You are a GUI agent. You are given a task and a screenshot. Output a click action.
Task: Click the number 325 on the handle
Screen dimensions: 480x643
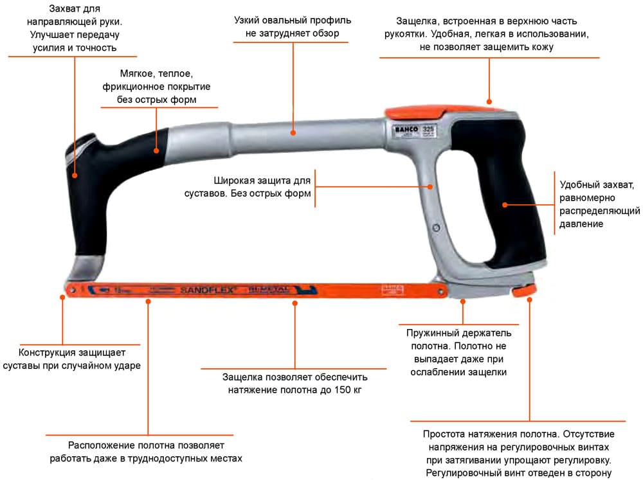tap(428, 129)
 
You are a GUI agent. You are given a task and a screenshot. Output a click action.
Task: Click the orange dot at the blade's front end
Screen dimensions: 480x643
tap(63, 296)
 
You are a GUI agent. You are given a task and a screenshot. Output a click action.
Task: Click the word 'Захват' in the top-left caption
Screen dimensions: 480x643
tap(66, 8)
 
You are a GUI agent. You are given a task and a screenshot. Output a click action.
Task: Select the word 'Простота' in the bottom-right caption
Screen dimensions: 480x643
tap(442, 434)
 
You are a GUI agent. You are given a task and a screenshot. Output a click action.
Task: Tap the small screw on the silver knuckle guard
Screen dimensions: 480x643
tap(437, 228)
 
